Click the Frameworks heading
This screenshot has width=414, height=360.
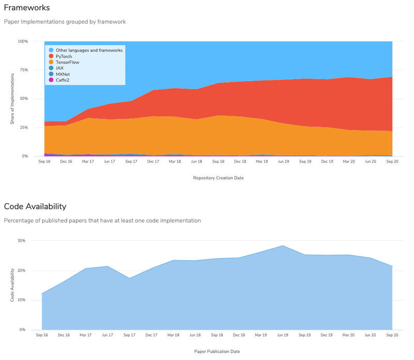27,8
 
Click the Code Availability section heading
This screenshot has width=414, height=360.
35,206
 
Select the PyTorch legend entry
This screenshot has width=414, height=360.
65,56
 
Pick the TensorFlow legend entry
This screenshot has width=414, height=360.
67,62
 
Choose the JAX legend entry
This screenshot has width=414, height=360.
60,68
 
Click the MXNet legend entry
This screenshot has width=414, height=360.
63,74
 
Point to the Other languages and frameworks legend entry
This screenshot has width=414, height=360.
88,50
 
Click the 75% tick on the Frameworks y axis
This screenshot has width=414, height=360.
23,70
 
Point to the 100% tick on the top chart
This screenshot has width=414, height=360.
22,41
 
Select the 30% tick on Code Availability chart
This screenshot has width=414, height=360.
21,241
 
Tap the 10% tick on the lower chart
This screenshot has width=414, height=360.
21,300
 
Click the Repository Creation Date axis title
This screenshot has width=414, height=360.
218,177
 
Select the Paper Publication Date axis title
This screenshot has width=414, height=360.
217,351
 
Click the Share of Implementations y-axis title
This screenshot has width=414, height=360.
12,99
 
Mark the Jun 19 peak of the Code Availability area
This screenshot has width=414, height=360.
283,246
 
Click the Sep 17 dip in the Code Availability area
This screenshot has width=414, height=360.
129,278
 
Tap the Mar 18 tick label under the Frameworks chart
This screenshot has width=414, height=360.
174,161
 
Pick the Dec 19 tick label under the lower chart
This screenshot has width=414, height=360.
327,335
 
